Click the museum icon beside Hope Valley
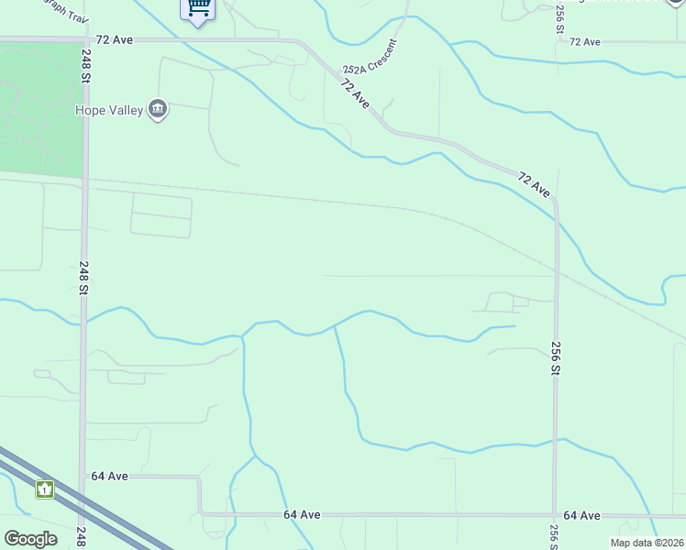[x=158, y=111]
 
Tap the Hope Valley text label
[x=109, y=111]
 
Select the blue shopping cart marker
[x=198, y=9]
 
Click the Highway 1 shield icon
[x=45, y=489]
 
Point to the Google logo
[x=30, y=539]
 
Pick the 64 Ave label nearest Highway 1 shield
[x=109, y=476]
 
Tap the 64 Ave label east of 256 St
[x=581, y=515]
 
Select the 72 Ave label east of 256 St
[x=584, y=42]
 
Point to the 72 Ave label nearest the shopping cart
[x=115, y=40]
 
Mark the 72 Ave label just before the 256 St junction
[x=533, y=184]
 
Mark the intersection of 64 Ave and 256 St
[x=555, y=515]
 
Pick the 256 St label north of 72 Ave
[x=559, y=18]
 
